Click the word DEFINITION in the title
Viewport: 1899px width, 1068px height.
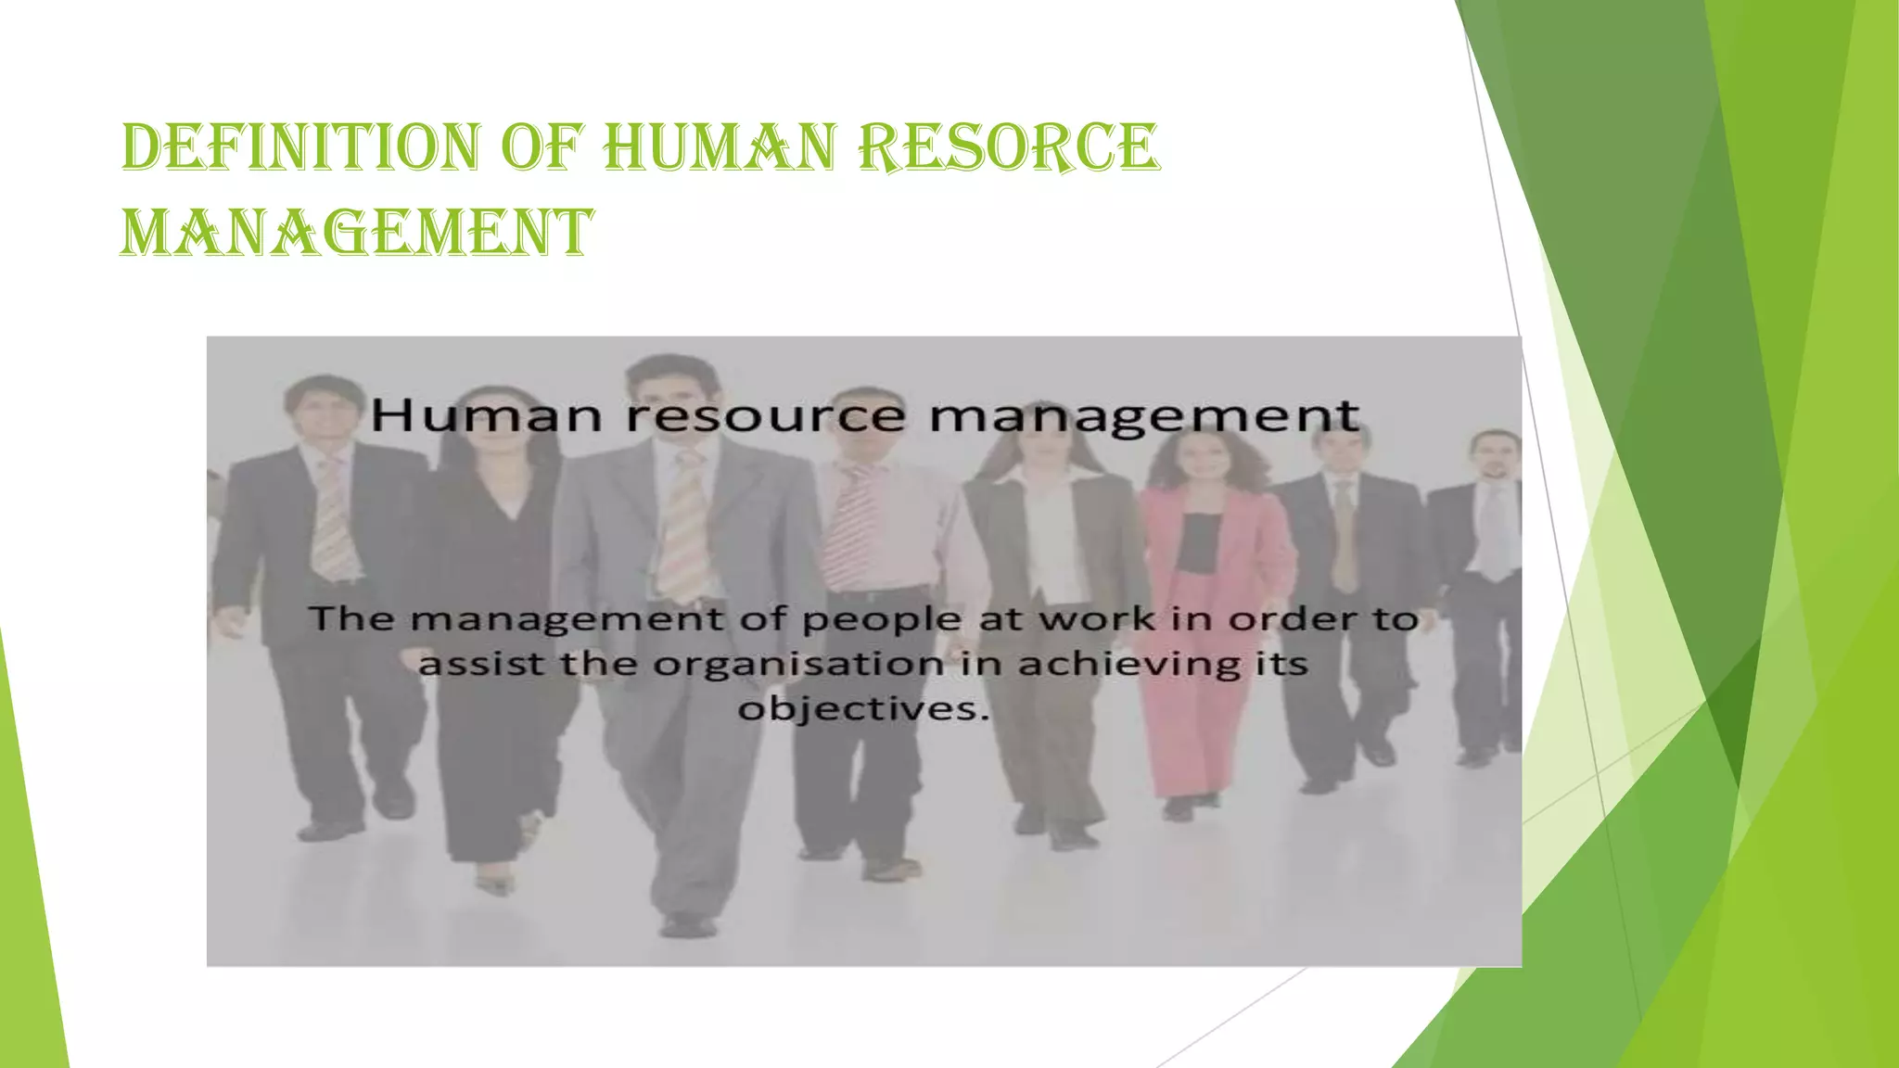300,148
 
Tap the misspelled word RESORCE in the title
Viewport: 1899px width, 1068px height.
1008,148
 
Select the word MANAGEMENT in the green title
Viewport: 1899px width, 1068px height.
356,232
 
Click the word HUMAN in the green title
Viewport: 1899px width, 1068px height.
719,148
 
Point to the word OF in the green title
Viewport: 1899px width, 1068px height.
542,148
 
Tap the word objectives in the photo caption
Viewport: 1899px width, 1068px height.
859,710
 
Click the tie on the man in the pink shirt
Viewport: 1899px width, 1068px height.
847,528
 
